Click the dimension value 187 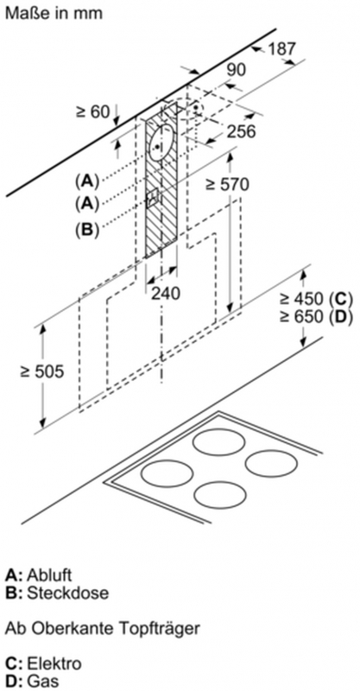(282, 48)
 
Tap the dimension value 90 (237, 70)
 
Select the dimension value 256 (242, 131)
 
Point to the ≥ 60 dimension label (93, 111)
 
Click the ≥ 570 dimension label (227, 184)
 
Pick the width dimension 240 (166, 293)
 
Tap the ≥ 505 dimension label (41, 371)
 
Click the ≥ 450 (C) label (316, 299)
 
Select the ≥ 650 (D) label (316, 317)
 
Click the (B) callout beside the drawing (87, 230)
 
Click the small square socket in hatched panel (153, 198)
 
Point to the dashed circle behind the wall (195, 108)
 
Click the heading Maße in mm (54, 13)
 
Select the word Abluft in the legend (49, 575)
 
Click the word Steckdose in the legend (68, 593)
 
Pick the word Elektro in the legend (54, 663)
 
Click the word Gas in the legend (43, 681)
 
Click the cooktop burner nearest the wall (218, 442)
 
